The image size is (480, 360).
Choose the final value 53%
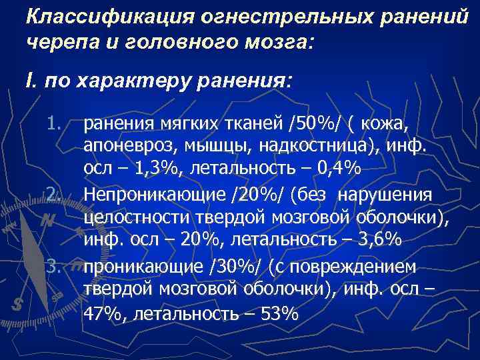pyautogui.click(x=279, y=315)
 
